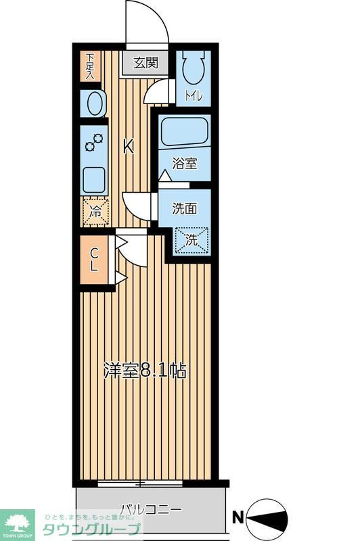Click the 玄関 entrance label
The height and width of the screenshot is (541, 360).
point(145,64)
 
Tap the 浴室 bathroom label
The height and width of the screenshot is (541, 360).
point(184,163)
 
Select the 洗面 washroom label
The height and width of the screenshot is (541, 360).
point(184,208)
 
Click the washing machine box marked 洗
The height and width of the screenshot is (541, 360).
point(192,239)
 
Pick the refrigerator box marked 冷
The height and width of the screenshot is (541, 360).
point(95,210)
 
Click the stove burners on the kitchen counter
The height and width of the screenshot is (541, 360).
point(94,142)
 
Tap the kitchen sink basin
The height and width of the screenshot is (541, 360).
point(93,179)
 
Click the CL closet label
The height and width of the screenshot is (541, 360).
point(95,260)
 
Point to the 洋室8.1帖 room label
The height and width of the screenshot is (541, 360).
point(145,371)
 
